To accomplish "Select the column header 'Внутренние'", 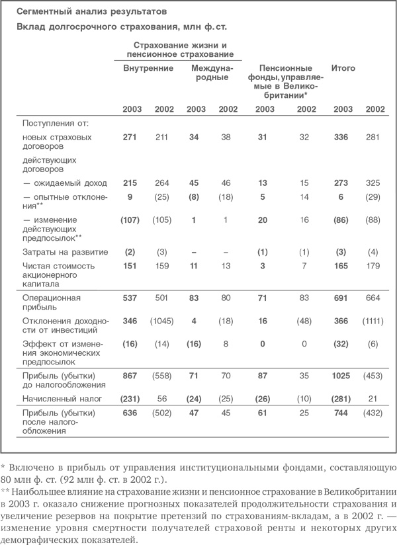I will pos(148,68).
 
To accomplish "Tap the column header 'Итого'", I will pos(343,68).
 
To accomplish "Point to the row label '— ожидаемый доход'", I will pos(61,181).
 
